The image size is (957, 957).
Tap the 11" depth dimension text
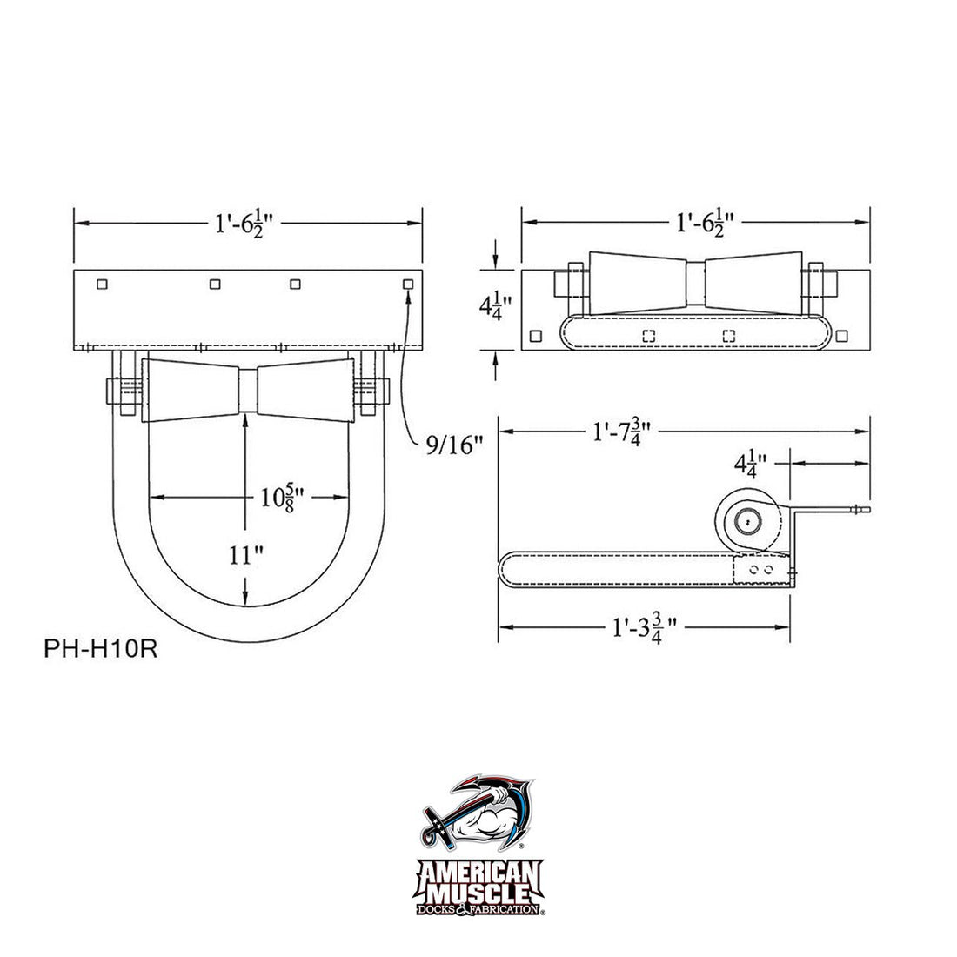pyautogui.click(x=247, y=554)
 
